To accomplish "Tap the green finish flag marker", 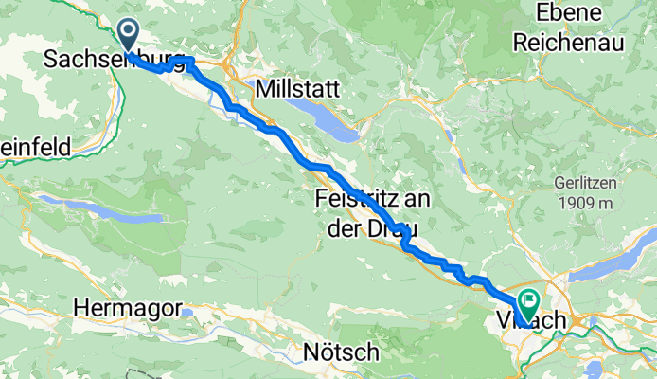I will point(526,302).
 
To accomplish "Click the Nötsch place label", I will point(341,352).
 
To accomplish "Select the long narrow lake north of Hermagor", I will point(95,208).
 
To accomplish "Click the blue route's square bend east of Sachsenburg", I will point(189,62).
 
